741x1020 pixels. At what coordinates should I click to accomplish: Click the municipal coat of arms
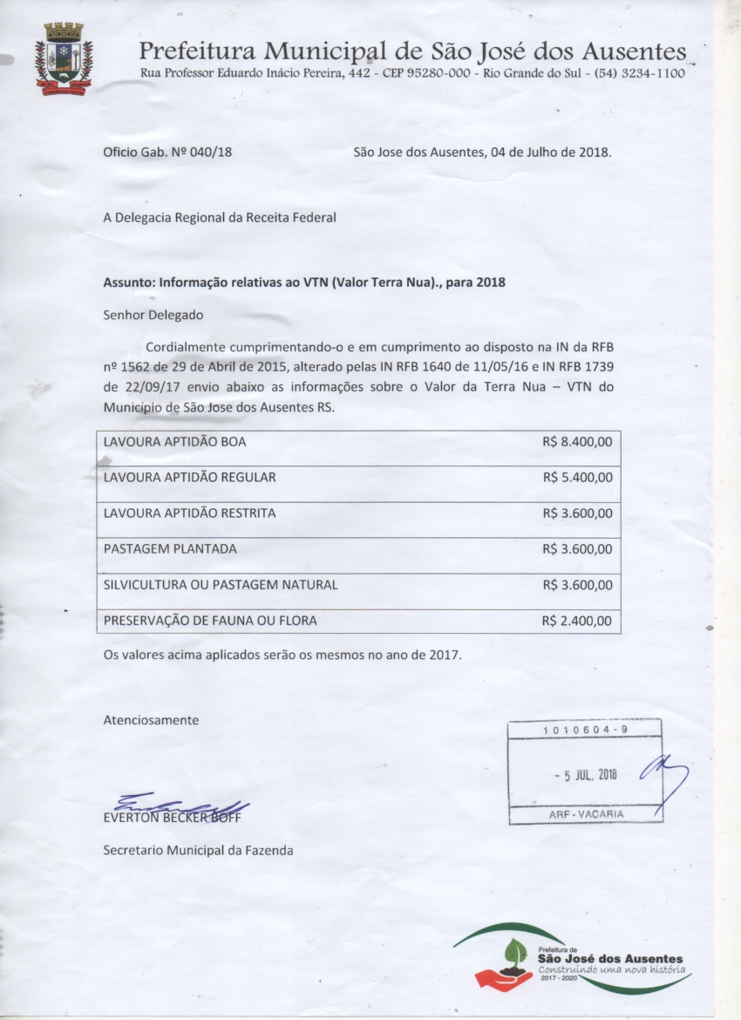[x=64, y=59]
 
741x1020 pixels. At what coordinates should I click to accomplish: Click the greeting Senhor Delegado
[x=153, y=315]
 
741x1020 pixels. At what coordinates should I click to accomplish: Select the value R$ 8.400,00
[x=577, y=442]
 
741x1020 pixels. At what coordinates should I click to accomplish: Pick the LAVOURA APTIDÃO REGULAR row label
[x=189, y=478]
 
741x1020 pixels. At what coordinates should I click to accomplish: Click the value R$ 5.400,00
[x=577, y=478]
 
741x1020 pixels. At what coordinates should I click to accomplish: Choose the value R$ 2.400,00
[x=577, y=622]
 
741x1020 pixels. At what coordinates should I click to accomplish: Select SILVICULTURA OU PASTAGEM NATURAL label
[x=221, y=585]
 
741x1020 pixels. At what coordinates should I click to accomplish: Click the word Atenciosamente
[x=151, y=720]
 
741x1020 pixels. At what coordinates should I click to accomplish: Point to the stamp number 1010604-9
[x=585, y=729]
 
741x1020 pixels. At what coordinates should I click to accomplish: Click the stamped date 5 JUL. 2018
[x=586, y=775]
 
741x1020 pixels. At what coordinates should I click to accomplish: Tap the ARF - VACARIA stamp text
[x=586, y=814]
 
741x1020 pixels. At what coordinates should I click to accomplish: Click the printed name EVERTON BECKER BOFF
[x=172, y=818]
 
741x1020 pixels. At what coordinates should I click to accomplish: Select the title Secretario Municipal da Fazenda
[x=198, y=850]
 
